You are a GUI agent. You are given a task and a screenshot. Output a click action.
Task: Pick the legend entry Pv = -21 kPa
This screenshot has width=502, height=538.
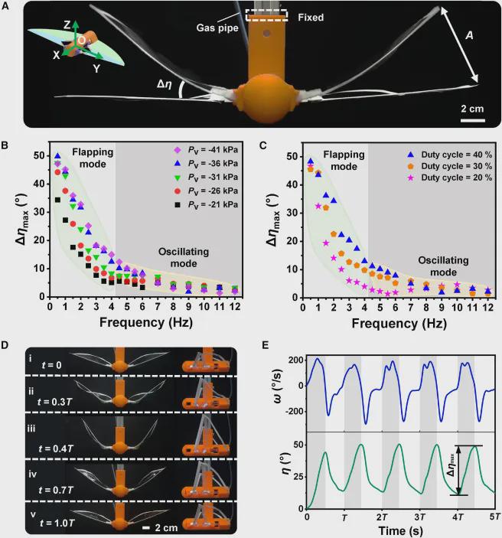pos(205,206)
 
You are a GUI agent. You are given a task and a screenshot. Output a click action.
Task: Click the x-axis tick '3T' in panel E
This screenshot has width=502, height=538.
pos(419,518)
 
